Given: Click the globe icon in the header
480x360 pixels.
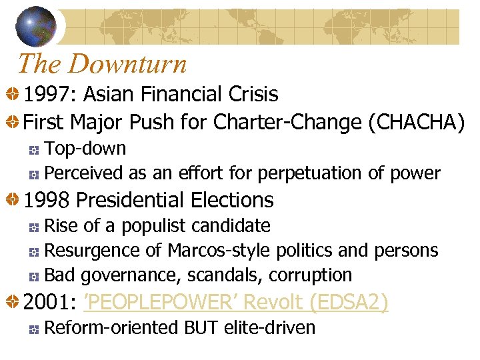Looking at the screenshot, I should pos(36,25).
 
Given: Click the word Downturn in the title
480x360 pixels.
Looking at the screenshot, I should pos(127,64).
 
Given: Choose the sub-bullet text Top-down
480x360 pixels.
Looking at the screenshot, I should pos(85,148).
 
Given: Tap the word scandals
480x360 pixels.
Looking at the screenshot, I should pos(226,275).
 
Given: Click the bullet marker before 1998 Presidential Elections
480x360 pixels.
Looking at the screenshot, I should pos(12,200).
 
